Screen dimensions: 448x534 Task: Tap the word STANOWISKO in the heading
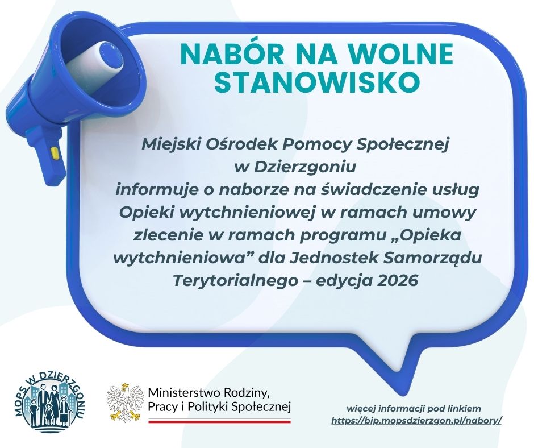[319, 82]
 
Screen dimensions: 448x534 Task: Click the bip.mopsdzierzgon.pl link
[416, 421]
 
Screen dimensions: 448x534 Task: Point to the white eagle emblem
[124, 403]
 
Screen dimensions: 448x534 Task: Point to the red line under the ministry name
[219, 421]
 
